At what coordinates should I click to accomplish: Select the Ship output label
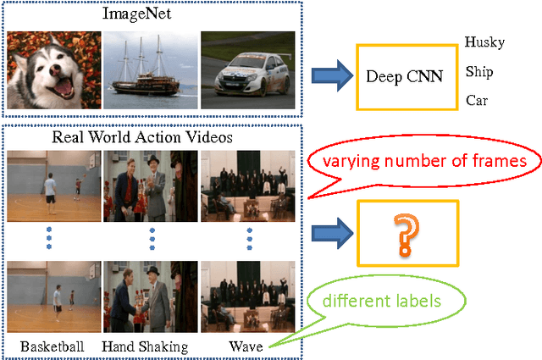click(x=479, y=72)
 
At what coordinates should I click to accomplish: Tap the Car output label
click(x=477, y=100)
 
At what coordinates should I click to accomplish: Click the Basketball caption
click(x=53, y=346)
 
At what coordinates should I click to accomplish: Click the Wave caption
click(x=247, y=346)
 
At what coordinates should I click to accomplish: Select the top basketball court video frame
click(x=53, y=186)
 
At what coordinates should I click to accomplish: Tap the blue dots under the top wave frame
click(x=248, y=240)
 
